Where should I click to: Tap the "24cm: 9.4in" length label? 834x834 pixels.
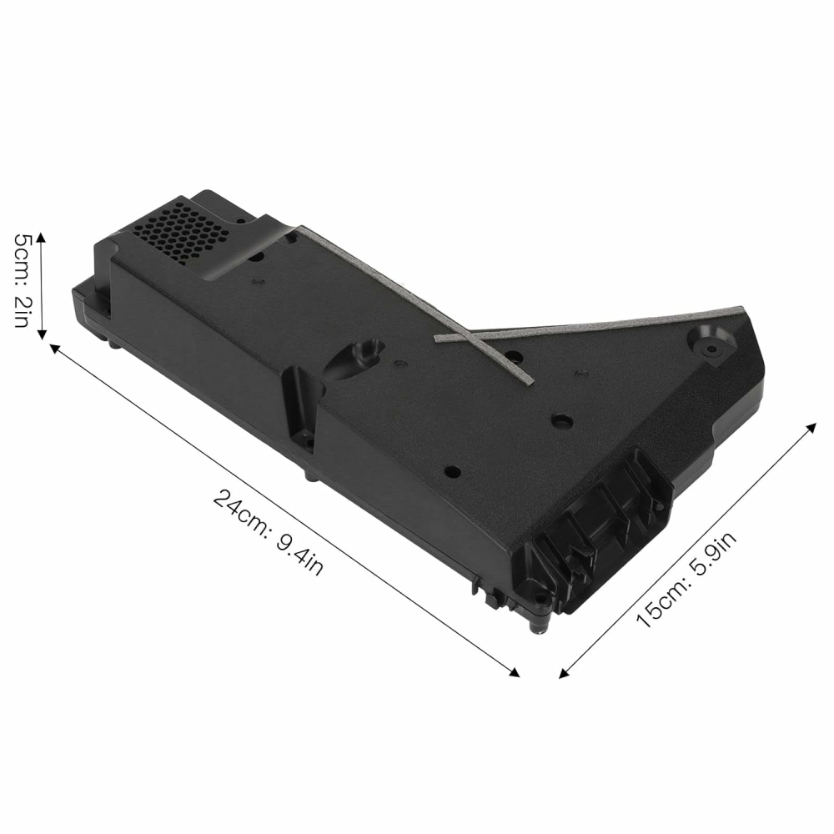(268, 532)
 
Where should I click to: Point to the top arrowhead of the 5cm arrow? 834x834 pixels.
(42, 237)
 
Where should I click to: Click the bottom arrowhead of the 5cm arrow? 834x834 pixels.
(42, 334)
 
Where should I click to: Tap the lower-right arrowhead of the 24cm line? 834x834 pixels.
(514, 672)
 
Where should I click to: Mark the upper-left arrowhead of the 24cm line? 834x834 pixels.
(55, 349)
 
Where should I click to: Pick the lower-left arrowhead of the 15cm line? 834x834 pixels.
(565, 673)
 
